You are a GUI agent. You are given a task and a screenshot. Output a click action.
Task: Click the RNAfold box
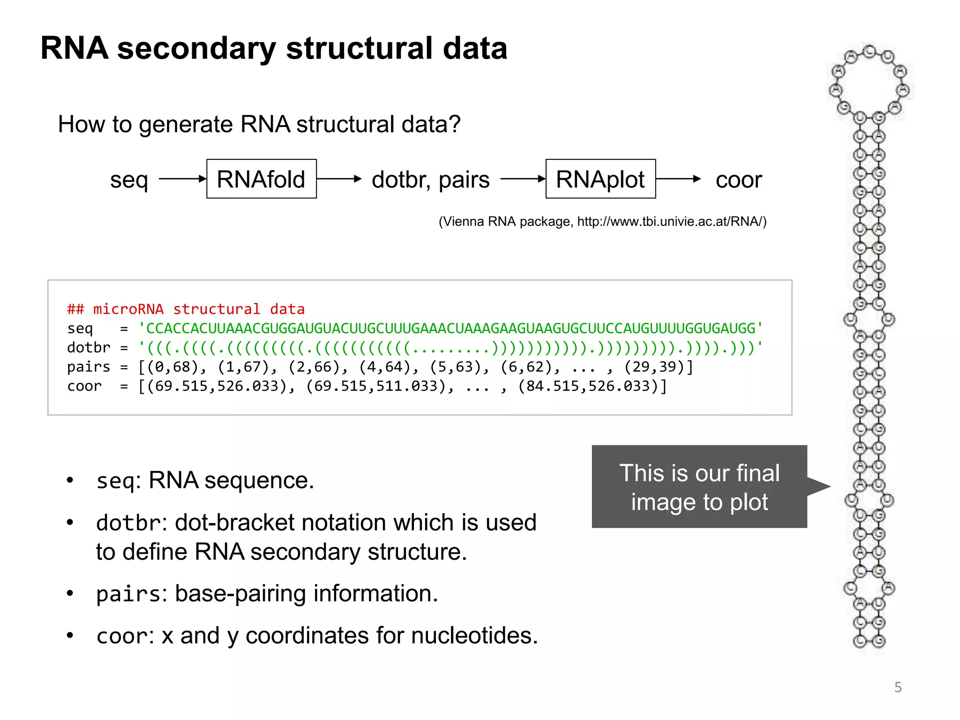pos(261,179)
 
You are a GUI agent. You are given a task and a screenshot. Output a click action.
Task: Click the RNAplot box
pos(600,179)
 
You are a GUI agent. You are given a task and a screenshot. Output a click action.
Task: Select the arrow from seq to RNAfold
pos(182,179)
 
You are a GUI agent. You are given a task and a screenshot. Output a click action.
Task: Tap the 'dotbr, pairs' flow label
pos(430,180)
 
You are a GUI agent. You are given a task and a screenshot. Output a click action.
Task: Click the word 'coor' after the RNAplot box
pos(738,180)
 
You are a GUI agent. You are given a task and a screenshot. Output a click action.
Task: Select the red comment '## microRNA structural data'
pos(186,309)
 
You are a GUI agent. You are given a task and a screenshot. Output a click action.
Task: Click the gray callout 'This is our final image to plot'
pos(699,487)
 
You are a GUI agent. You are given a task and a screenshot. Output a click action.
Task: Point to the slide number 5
pos(898,687)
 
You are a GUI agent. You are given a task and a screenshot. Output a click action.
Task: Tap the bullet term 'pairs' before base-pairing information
pos(128,594)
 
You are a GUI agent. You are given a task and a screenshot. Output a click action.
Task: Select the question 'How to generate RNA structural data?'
pos(259,125)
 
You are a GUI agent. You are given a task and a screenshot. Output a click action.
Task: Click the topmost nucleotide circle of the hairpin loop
pos(870,51)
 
